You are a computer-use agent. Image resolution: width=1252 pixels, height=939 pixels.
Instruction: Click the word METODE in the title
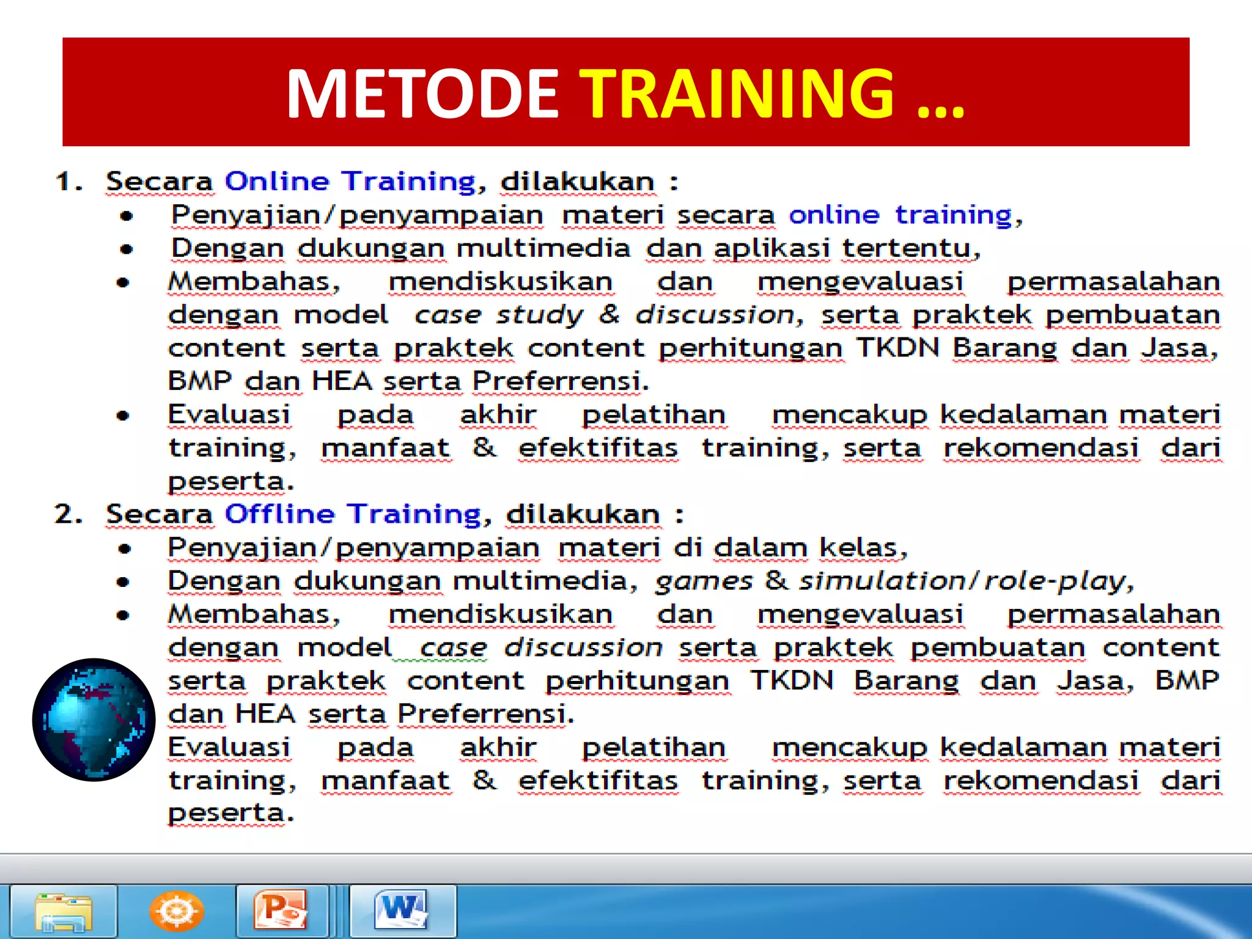(x=422, y=94)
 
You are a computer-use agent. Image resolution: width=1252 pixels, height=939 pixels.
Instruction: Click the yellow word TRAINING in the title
(x=736, y=94)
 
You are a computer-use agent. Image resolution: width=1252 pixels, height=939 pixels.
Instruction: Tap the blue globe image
(x=94, y=720)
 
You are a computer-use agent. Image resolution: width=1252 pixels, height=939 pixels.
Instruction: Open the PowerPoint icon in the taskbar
(x=281, y=911)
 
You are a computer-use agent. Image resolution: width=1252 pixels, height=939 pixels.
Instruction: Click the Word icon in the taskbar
(x=402, y=911)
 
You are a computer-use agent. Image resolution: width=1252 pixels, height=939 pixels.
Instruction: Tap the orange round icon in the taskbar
(x=176, y=911)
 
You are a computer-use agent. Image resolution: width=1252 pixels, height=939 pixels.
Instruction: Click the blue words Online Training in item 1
(x=350, y=182)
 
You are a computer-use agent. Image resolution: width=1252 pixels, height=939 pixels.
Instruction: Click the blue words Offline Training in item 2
(x=353, y=514)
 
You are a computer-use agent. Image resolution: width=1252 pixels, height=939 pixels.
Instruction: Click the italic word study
(x=540, y=315)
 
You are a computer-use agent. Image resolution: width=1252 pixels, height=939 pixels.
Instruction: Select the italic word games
(x=704, y=581)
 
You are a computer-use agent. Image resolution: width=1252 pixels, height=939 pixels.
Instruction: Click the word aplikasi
(x=771, y=249)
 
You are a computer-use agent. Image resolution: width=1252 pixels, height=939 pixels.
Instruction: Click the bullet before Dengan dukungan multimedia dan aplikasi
(x=127, y=249)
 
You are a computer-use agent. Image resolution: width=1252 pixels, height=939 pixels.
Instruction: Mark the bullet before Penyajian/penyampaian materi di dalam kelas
(x=125, y=549)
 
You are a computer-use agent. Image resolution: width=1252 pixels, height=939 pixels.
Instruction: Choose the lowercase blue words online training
(x=900, y=215)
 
